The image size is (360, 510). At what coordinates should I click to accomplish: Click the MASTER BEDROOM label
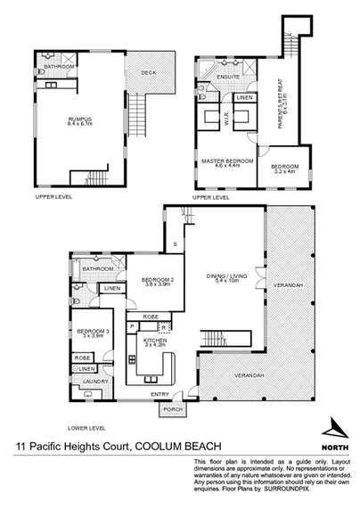point(225,160)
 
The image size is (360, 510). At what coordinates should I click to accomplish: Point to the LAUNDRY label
point(94,382)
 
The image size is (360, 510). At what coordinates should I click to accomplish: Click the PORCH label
point(172,411)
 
